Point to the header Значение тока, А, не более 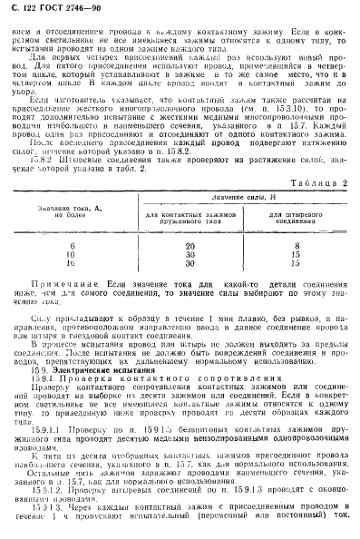(69, 213)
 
